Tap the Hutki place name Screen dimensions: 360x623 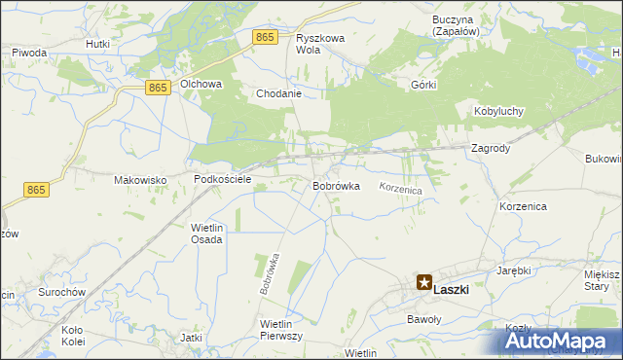[96, 44]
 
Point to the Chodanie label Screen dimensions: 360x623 [279, 94]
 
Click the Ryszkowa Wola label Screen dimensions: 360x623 [321, 44]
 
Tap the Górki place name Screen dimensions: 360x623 [424, 85]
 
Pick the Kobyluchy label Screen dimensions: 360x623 [498, 111]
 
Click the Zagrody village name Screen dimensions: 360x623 [491, 149]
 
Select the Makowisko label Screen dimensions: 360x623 [141, 180]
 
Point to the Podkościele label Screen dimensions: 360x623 [223, 180]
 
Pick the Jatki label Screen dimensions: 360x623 [191, 338]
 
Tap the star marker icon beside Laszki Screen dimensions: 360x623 [423, 283]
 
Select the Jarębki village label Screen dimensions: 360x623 [513, 270]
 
